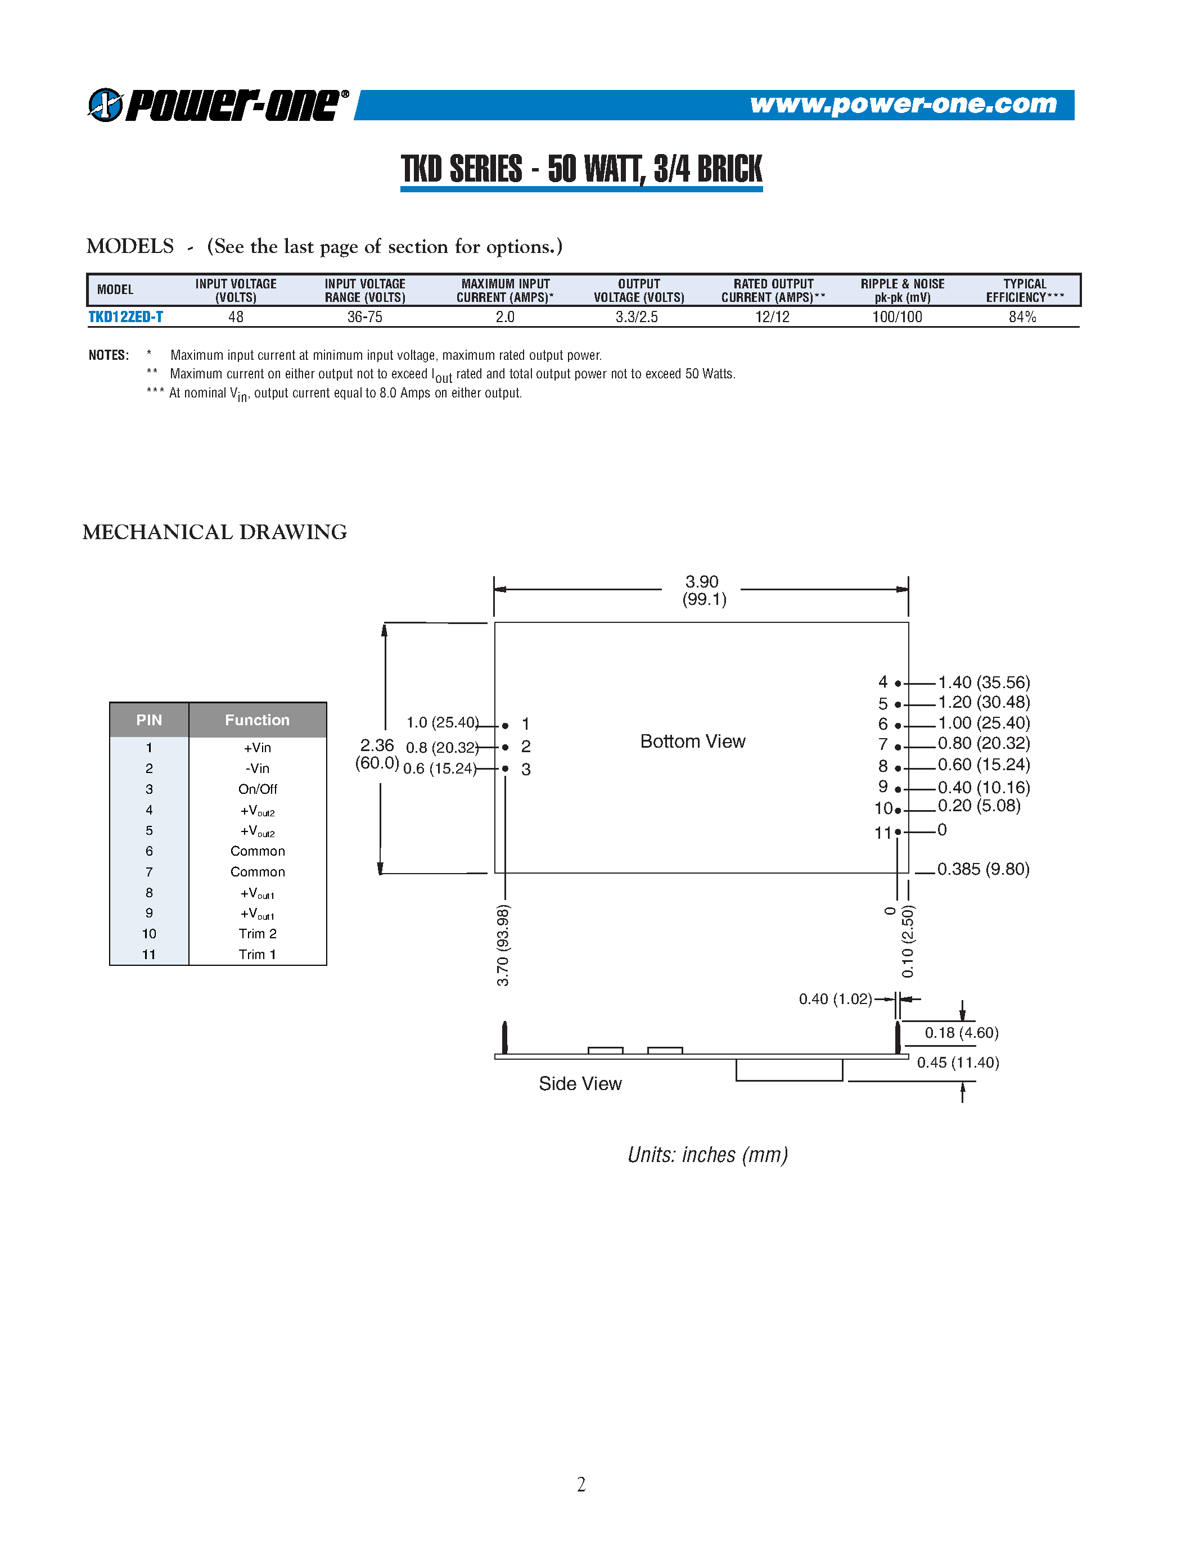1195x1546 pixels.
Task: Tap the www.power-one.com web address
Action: click(903, 104)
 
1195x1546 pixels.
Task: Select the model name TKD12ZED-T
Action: click(125, 317)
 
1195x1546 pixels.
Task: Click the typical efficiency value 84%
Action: click(1022, 317)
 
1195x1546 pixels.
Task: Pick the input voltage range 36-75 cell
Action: click(364, 317)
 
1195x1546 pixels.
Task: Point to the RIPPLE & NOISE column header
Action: click(902, 290)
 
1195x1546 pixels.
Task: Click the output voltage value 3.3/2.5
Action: click(637, 317)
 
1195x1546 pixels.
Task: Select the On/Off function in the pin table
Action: click(257, 789)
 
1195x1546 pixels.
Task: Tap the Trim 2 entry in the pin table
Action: click(257, 934)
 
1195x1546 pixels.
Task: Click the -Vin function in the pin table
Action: click(257, 768)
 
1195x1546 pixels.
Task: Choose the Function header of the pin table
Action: click(257, 720)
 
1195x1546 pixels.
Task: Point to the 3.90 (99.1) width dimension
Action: click(703, 590)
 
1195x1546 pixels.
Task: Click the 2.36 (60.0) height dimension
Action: click(377, 754)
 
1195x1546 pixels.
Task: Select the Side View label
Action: click(580, 1084)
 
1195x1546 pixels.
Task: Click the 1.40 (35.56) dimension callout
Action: click(984, 682)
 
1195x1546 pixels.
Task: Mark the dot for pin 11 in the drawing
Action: click(898, 832)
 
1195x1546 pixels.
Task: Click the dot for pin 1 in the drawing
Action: click(505, 726)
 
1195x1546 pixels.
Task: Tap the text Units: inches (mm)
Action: click(707, 1155)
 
